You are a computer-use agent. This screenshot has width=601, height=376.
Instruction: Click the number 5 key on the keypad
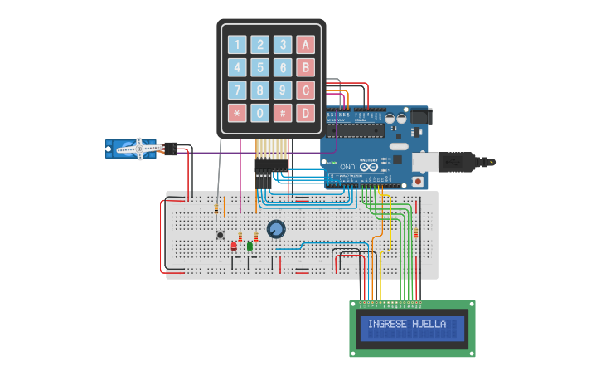pyautogui.click(x=260, y=67)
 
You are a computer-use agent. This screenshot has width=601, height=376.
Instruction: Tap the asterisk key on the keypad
pyautogui.click(x=237, y=112)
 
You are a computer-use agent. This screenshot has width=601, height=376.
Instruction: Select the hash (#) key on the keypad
pyautogui.click(x=283, y=112)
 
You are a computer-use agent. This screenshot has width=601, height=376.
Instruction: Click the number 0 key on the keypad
pyautogui.click(x=260, y=112)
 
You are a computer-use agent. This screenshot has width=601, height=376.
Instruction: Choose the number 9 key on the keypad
pyautogui.click(x=283, y=90)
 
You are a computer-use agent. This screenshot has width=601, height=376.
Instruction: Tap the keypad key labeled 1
pyautogui.click(x=237, y=45)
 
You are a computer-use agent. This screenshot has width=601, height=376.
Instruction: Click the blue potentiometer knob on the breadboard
pyautogui.click(x=276, y=229)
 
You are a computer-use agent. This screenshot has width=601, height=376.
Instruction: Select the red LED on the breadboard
pyautogui.click(x=235, y=246)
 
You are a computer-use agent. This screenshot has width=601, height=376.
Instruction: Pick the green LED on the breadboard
pyautogui.click(x=250, y=246)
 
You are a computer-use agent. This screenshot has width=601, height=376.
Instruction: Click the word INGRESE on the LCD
pyautogui.click(x=387, y=324)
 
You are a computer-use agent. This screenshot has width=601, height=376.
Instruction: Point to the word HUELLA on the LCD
pyautogui.click(x=429, y=324)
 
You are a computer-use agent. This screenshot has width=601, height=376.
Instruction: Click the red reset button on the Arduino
pyautogui.click(x=419, y=181)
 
